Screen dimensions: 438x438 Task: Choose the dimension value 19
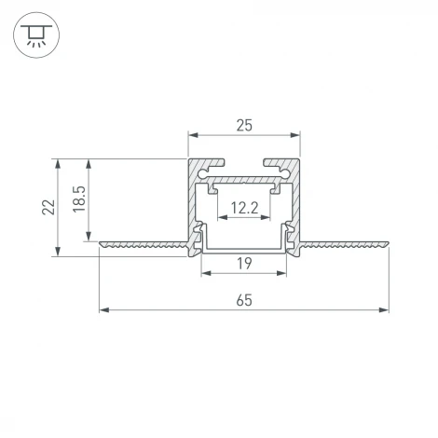244,264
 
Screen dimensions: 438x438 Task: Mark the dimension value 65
244,299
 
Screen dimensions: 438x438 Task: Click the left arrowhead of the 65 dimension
103,309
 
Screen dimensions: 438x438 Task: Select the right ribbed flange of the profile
345,245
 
